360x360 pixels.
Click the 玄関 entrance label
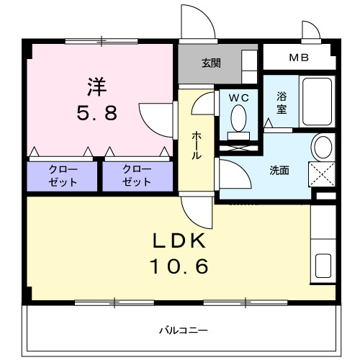[211, 63]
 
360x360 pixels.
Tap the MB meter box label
[297, 57]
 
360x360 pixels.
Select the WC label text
[238, 97]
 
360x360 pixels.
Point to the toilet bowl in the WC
[238, 117]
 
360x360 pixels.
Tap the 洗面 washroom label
[279, 171]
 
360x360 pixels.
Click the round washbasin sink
[323, 148]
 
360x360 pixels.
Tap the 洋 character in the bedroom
[97, 86]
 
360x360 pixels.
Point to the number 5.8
[97, 113]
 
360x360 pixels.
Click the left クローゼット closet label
[63, 176]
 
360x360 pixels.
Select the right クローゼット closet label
[137, 176]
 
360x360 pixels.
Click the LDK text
[179, 240]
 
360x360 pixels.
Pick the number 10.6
[179, 267]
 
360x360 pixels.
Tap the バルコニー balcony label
[179, 330]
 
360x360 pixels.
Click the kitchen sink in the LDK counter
[323, 268]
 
